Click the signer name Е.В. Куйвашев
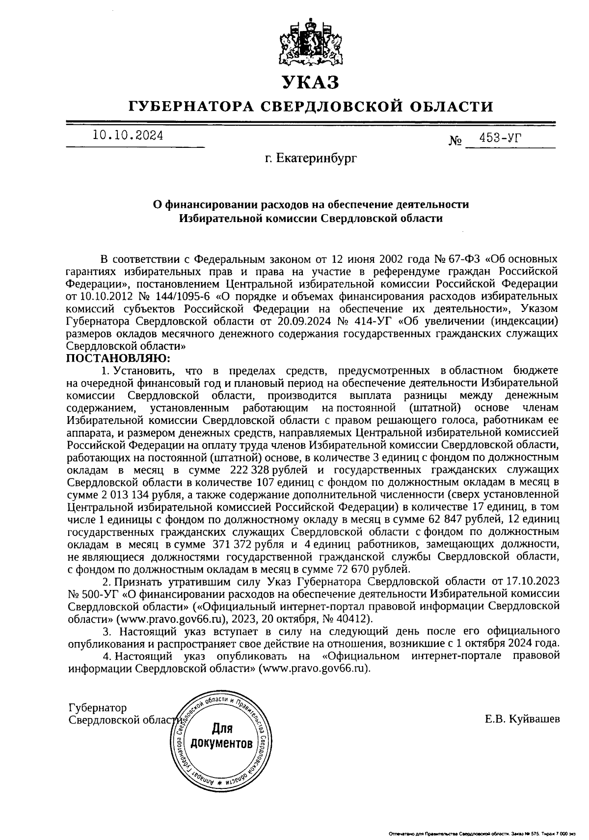point(522,720)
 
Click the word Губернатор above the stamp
point(98,707)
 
